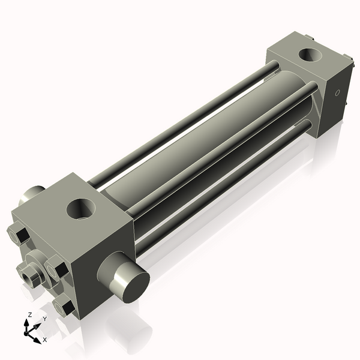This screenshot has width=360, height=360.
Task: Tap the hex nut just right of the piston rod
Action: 56,268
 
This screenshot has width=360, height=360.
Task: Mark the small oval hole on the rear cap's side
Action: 337,93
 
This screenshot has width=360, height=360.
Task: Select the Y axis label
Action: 44,319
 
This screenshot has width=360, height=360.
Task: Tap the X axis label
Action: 44,340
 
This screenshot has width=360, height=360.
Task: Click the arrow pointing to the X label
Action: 36,337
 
